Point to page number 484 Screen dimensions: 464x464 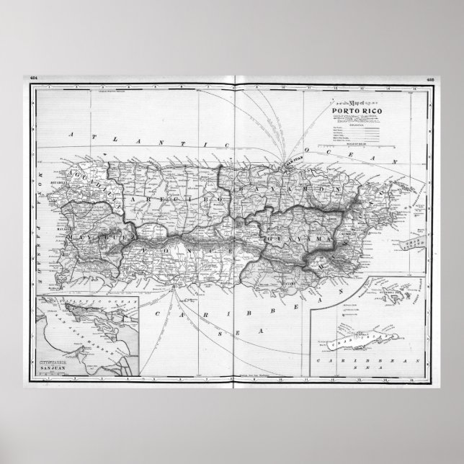32,78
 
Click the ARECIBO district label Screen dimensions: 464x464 153,197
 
